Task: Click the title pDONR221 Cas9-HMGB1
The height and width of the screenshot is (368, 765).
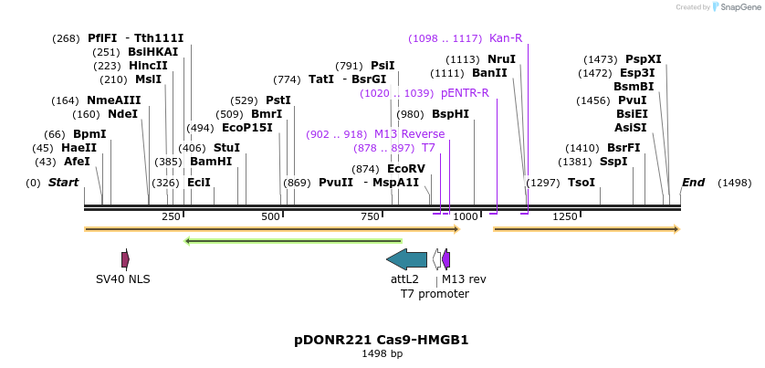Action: pyautogui.click(x=382, y=340)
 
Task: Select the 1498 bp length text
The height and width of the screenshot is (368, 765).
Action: pyautogui.click(x=382, y=353)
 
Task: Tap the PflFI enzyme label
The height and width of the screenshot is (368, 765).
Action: pyautogui.click(x=102, y=38)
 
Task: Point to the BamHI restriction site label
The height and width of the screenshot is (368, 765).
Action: pyautogui.click(x=211, y=162)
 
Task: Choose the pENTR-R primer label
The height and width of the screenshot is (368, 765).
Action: pyautogui.click(x=465, y=93)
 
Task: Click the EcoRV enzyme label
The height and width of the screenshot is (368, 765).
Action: pyautogui.click(x=406, y=169)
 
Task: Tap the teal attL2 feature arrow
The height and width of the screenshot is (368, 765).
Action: pyautogui.click(x=406, y=259)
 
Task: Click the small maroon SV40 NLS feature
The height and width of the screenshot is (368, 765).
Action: pyautogui.click(x=125, y=259)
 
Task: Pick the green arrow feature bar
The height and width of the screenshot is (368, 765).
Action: pyautogui.click(x=293, y=241)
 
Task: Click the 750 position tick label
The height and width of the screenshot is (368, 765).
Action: pyautogui.click(x=370, y=216)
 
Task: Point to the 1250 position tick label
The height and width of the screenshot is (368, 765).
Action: pyautogui.click(x=565, y=216)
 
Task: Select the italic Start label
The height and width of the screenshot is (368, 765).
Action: pyautogui.click(x=63, y=183)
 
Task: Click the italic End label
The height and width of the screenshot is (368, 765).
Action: pyautogui.click(x=693, y=183)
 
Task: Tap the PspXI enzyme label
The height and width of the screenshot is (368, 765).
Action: pyautogui.click(x=644, y=59)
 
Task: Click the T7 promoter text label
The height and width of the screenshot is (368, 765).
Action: pyautogui.click(x=435, y=294)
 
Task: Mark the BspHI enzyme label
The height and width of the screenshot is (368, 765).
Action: pyautogui.click(x=450, y=114)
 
